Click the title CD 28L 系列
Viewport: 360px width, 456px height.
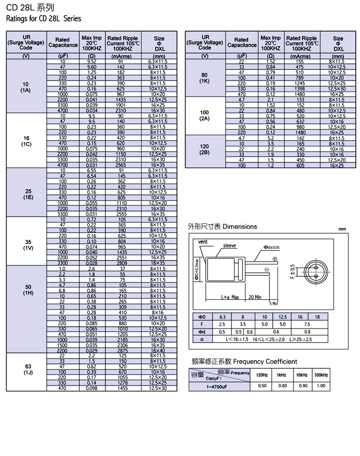[x=24, y=8]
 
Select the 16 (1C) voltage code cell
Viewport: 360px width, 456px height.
[x=26, y=141]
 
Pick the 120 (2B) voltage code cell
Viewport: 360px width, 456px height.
[x=205, y=149]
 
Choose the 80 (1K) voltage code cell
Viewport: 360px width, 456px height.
[x=205, y=77]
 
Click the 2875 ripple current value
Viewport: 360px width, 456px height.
[x=123, y=351]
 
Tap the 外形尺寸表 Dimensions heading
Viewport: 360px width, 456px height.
[x=222, y=227]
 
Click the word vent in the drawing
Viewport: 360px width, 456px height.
[x=203, y=242]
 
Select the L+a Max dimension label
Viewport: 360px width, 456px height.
[x=230, y=297]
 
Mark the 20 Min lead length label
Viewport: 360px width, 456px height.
[x=255, y=297]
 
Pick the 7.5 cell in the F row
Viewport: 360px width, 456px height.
[x=307, y=325]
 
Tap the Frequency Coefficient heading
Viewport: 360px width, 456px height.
[x=243, y=362]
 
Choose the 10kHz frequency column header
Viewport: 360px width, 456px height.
[x=302, y=375]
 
